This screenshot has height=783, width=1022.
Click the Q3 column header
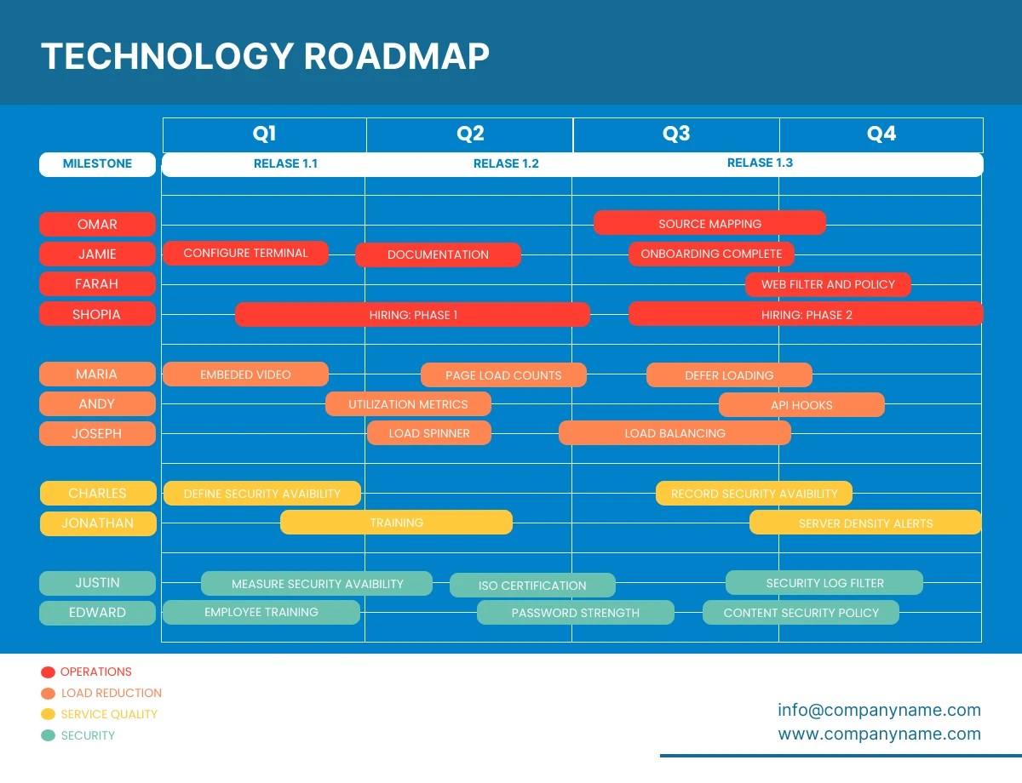coord(676,134)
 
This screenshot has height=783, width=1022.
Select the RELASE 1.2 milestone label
coord(506,163)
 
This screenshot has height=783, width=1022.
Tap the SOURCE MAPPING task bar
coord(709,223)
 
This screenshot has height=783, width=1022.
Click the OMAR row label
coord(97,224)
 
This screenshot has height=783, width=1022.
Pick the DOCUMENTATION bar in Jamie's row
coord(438,254)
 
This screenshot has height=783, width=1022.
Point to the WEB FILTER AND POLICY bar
coord(828,284)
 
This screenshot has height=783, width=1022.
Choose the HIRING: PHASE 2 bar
coord(806,314)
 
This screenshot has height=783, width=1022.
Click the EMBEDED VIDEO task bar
coord(245,374)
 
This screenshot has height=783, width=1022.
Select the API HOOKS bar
coord(801,404)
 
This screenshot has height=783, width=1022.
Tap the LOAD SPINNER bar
coord(429,433)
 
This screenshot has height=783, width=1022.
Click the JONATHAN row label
coord(98,523)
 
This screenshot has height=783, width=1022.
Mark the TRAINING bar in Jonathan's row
coord(397,523)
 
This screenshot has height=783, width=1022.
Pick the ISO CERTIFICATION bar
coord(532,586)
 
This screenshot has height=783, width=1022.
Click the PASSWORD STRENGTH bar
coord(575,613)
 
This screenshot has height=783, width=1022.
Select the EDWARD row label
coord(97,613)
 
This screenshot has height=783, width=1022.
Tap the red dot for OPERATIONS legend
coord(48,672)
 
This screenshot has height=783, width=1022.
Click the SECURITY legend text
coord(88,735)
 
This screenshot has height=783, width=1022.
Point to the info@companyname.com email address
coord(879,710)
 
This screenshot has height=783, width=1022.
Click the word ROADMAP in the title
coord(397,56)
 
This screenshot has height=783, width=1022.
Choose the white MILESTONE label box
coord(97,164)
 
